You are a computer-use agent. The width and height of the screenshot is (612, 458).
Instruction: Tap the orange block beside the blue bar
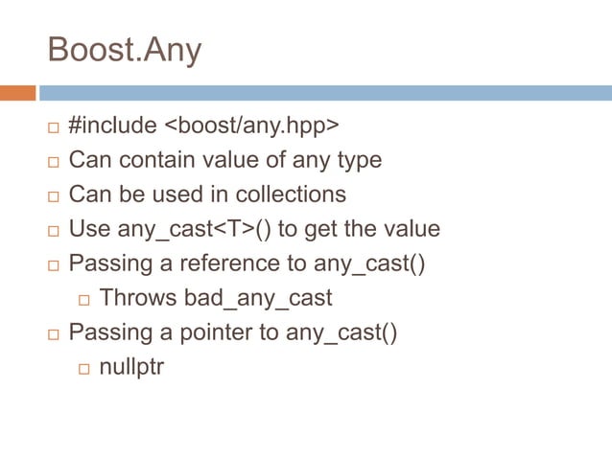[17, 93]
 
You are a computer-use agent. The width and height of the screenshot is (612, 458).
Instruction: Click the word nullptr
[130, 367]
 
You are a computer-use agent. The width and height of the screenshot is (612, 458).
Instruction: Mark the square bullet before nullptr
[83, 369]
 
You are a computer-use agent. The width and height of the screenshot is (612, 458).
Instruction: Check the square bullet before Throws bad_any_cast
[83, 300]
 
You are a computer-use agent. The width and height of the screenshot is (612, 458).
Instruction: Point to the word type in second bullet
[361, 160]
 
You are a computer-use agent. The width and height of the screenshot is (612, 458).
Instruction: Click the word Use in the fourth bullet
[89, 229]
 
